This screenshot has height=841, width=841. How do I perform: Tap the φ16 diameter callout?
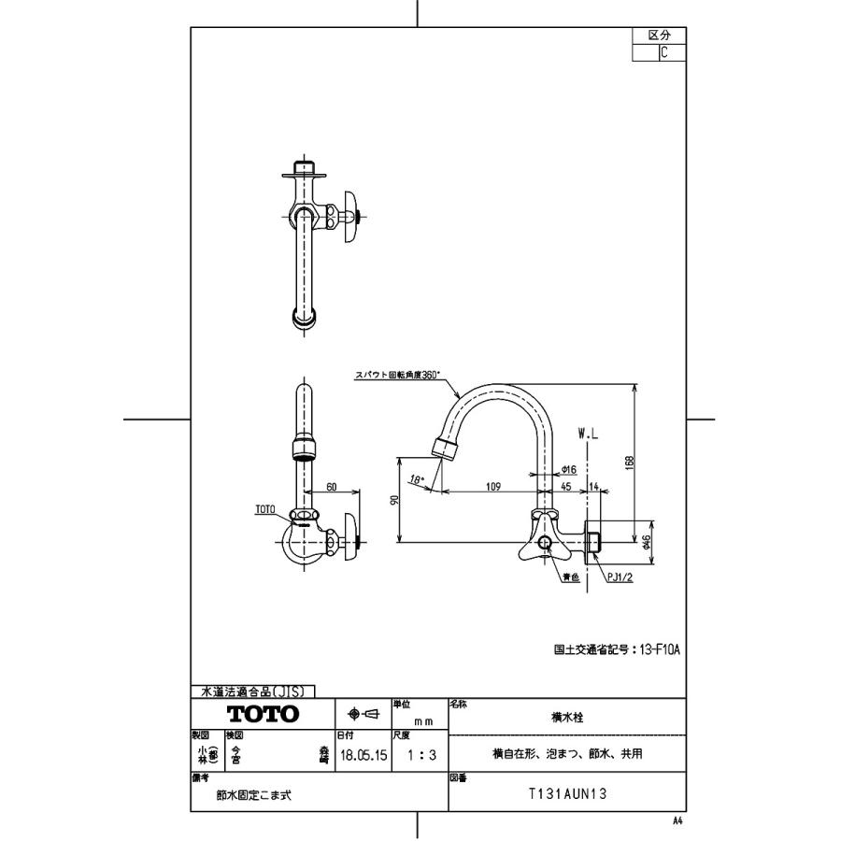tap(567, 471)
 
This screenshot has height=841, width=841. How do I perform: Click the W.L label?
tap(589, 435)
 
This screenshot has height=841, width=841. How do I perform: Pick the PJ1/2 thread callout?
tap(620, 578)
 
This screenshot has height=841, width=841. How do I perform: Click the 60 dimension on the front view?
tap(331, 486)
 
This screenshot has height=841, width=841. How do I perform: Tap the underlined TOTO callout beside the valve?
tap(265, 510)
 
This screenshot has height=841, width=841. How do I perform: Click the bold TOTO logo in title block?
tap(264, 714)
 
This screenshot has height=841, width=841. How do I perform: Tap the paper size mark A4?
tap(677, 820)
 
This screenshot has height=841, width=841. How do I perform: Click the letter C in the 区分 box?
tap(663, 52)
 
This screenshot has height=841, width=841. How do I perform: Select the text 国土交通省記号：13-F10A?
tap(617, 648)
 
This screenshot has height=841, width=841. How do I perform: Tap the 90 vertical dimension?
tap(394, 500)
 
